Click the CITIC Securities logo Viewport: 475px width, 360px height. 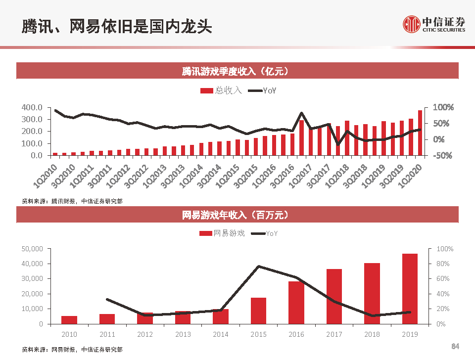pos(433,23)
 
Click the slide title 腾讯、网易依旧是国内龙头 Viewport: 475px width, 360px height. pos(117,26)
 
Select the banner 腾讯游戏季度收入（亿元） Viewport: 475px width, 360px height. pos(237,71)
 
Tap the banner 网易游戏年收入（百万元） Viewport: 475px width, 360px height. pos(237,215)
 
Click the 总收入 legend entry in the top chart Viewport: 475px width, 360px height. pos(221,90)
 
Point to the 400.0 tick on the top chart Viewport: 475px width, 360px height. pos(32,107)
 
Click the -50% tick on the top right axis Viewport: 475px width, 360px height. pos(442,155)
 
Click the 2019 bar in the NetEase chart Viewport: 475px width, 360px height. pos(410,289)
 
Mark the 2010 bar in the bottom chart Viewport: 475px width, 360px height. pos(69,319)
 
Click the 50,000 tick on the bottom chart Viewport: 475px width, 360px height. pos(33,249)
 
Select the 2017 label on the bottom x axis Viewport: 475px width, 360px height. pos(334,334)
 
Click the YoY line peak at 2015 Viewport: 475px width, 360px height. pos(259,267)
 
